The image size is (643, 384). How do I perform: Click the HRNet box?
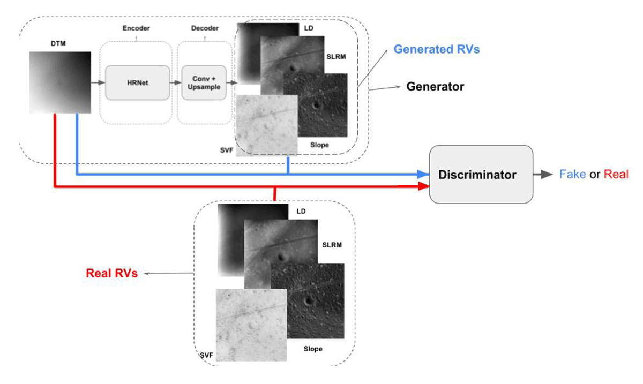[x=138, y=82]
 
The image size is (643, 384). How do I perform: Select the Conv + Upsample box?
[x=204, y=82]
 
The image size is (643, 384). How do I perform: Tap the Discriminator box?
[x=481, y=175]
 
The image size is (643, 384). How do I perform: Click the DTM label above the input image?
[x=58, y=43]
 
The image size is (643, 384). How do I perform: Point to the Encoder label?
[x=136, y=28]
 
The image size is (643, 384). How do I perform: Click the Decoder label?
[x=205, y=28]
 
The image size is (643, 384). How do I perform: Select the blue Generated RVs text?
[x=437, y=49]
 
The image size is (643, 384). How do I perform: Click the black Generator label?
[x=435, y=86]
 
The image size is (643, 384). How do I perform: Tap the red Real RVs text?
[x=112, y=273]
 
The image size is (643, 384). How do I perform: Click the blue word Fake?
[x=573, y=174]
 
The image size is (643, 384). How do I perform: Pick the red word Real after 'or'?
[x=616, y=174]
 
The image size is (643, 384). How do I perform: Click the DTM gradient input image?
[x=60, y=82]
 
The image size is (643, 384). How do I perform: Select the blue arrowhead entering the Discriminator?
[x=423, y=174]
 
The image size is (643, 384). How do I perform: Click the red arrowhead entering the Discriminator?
[x=423, y=186]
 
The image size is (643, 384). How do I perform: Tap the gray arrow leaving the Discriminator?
[x=543, y=174]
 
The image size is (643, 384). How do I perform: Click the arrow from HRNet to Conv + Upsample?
[x=176, y=82]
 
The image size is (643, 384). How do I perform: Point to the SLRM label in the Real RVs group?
[x=332, y=245]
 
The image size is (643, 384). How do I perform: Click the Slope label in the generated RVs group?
[x=319, y=145]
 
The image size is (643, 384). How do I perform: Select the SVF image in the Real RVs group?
[x=251, y=325]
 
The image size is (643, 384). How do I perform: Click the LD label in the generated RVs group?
[x=309, y=28]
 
